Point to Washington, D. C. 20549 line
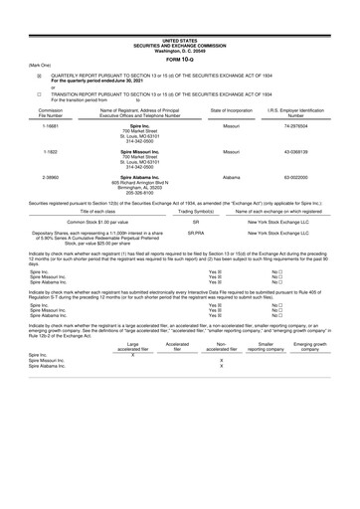(x=180, y=22)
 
